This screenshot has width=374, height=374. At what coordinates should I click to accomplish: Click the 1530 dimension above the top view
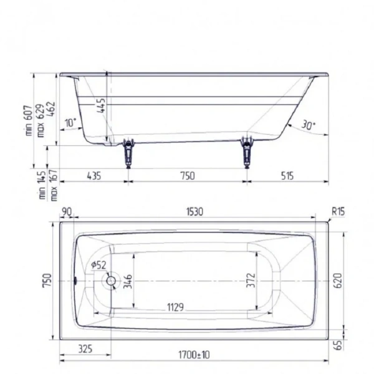point(194,212)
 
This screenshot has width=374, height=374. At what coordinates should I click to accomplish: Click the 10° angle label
point(70,123)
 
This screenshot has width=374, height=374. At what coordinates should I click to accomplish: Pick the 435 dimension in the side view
point(92,176)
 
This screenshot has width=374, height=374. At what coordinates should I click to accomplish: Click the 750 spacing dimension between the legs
point(187,176)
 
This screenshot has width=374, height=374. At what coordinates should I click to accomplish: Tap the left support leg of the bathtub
point(129,152)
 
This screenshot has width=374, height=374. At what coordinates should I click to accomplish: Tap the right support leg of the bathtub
point(247,152)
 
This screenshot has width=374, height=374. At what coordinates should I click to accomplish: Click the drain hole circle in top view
point(112,280)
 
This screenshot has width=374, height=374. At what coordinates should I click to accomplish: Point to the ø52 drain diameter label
point(99,265)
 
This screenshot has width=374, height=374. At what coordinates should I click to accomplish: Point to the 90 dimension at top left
point(67,212)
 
